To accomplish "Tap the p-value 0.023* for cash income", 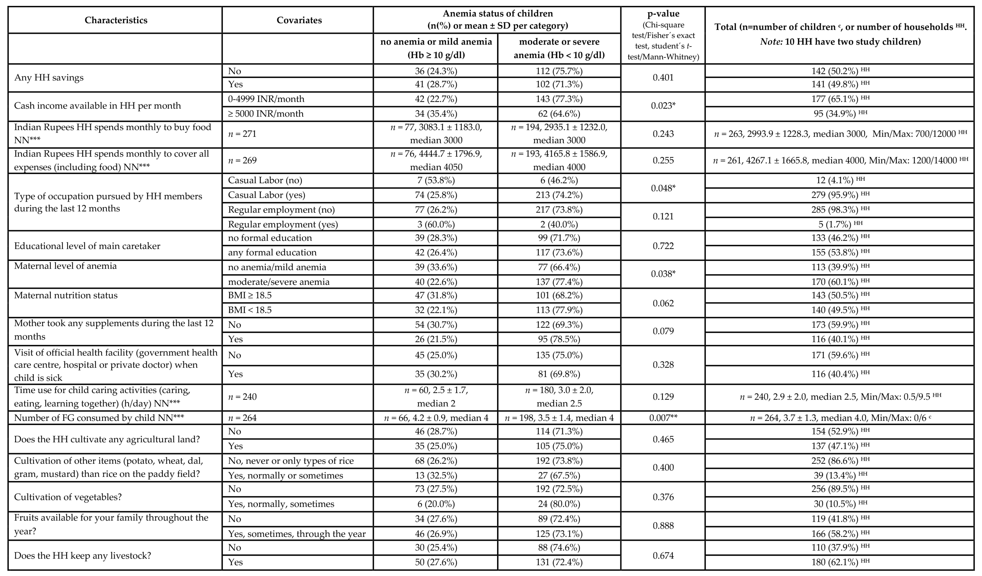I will [663, 106].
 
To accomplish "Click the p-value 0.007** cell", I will [663, 418].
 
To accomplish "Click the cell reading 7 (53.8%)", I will [436, 180].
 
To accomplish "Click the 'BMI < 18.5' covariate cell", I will [250, 310].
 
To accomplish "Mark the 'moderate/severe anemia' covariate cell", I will [279, 282].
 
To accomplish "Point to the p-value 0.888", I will [663, 526].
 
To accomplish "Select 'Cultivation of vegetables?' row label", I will [68, 497].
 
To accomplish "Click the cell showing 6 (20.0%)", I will [436, 504].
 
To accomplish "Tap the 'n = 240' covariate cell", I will [242, 397].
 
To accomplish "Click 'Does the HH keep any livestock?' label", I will [82, 555].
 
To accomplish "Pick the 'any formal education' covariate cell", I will [272, 252].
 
